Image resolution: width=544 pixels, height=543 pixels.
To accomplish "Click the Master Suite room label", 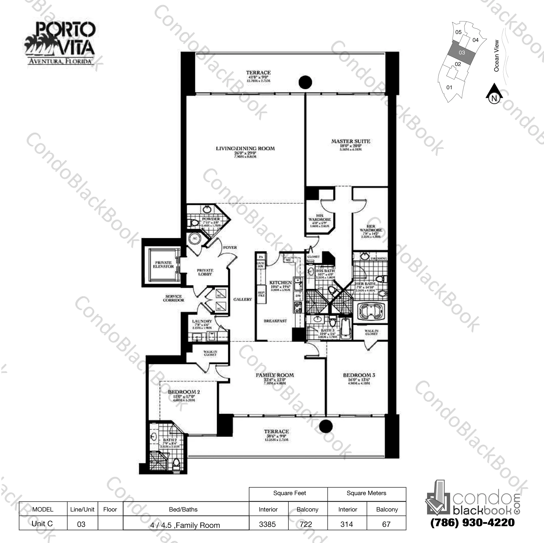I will [350, 142].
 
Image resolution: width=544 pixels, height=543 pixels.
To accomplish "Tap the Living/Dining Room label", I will [245, 149].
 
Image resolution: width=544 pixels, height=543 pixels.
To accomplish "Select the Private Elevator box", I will [163, 265].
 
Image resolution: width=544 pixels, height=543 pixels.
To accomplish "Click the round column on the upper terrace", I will [305, 82].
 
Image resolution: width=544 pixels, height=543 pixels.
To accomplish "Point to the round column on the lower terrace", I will [326, 426].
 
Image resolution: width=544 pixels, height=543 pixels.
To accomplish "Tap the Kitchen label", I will [280, 282].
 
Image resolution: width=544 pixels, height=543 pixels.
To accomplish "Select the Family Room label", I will [275, 375].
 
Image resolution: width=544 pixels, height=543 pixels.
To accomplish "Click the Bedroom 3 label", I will [359, 375].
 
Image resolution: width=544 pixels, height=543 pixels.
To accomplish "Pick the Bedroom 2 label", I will [184, 392].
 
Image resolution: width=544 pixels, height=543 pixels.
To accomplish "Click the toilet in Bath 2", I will [177, 462].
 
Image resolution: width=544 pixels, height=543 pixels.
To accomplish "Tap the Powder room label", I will [211, 219].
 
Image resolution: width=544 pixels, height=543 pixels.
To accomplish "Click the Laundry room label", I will [202, 321].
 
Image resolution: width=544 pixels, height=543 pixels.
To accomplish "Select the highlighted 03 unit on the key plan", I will [462, 53].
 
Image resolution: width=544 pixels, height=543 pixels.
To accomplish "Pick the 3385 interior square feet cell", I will [268, 524].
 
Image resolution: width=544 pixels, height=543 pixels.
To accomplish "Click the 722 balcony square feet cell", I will [306, 524].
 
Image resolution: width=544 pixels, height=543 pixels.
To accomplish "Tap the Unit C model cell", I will [42, 523].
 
